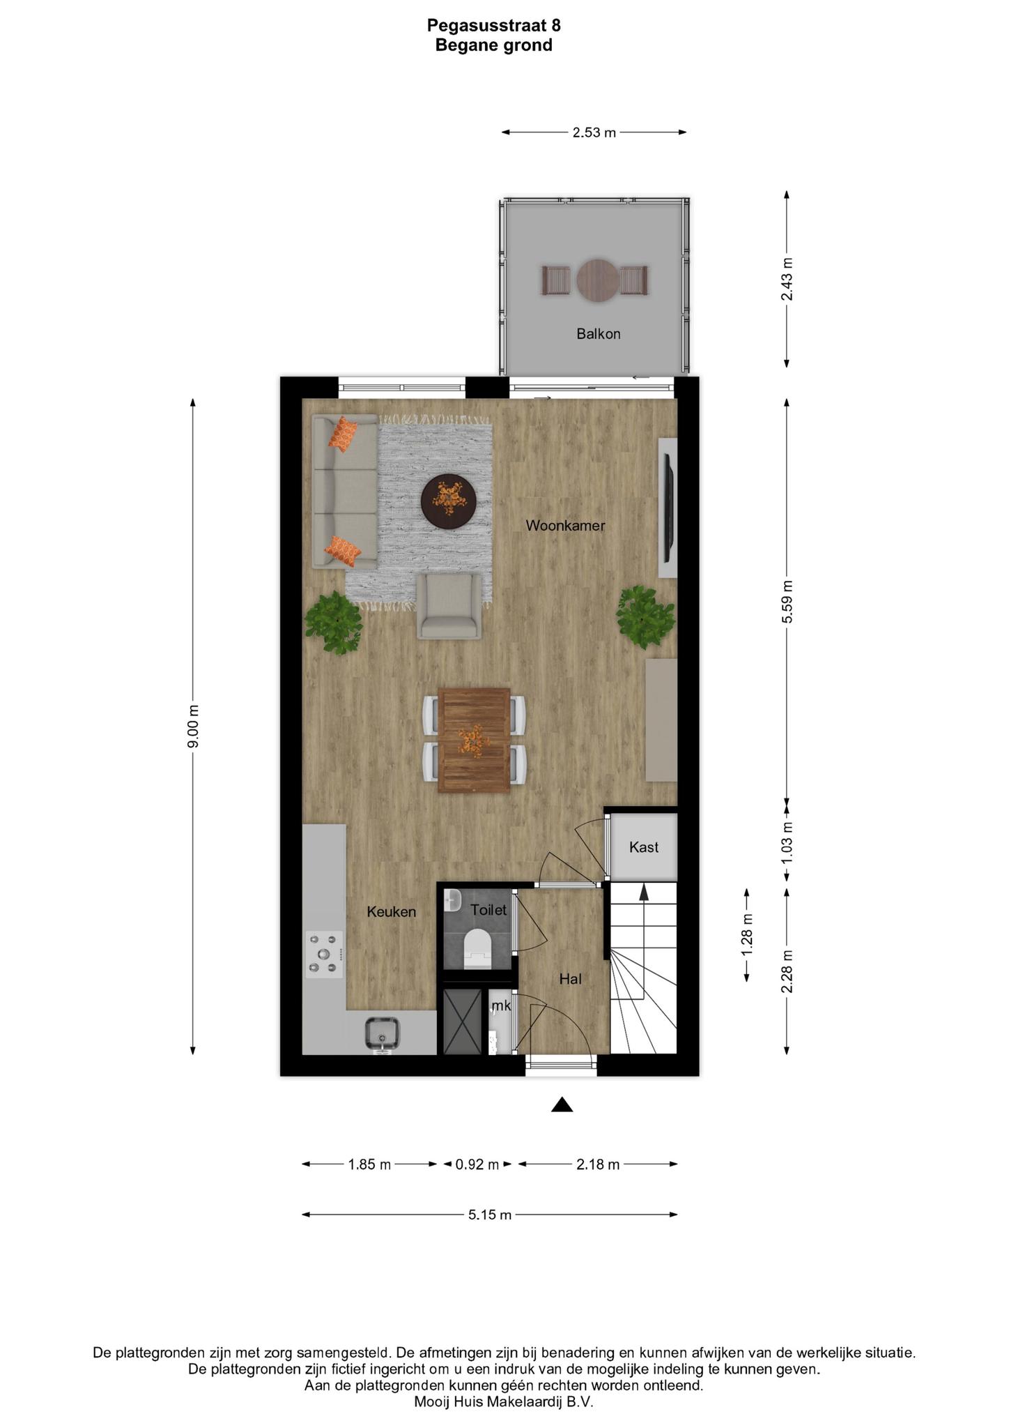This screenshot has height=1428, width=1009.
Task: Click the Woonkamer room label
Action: pos(565,526)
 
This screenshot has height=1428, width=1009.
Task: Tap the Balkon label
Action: pos(598,334)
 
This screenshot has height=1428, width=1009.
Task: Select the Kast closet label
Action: pos(643,847)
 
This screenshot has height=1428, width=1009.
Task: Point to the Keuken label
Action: pos(391,911)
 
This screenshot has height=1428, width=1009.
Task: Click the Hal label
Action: pos(570,979)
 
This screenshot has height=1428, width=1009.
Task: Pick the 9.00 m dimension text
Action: pos(194,727)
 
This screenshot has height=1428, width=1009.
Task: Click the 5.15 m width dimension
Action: pos(490,1215)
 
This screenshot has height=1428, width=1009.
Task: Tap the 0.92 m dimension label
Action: pos(477,1164)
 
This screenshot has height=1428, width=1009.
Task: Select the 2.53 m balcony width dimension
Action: pos(594,132)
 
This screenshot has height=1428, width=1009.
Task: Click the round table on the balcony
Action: pos(598,280)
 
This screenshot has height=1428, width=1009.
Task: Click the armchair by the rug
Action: pos(449,605)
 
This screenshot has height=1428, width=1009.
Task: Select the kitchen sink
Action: pos(381,1034)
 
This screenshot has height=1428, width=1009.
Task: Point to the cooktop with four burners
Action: pos(325,954)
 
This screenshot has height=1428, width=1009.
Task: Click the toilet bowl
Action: pos(477,948)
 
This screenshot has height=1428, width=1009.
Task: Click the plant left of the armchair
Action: pos(334,623)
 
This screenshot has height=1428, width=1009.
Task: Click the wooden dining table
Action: pos(474,740)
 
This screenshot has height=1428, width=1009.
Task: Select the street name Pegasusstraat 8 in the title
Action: pos(493,26)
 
